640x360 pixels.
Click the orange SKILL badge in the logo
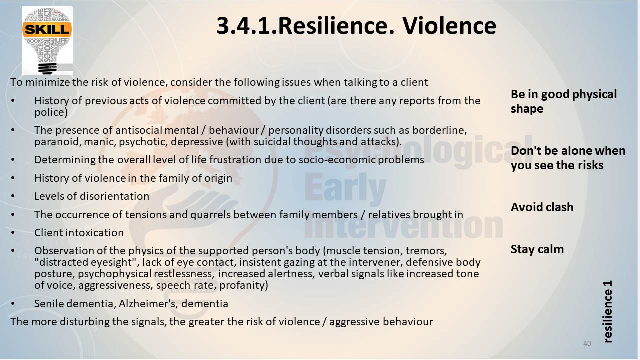[x=47, y=29]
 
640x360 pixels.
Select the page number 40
[x=587, y=343]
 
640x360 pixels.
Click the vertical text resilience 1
[x=608, y=311]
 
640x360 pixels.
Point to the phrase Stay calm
[x=537, y=249]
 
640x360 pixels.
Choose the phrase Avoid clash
[x=542, y=207]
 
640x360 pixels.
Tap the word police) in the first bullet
[x=51, y=112]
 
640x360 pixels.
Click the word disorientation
[x=115, y=196]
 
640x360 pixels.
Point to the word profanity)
[x=244, y=285]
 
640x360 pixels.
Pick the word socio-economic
[x=337, y=160]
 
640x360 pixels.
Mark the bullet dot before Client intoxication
[x=13, y=233]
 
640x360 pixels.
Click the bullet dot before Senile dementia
[x=13, y=303]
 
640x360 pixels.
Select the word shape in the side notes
[x=527, y=109]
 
